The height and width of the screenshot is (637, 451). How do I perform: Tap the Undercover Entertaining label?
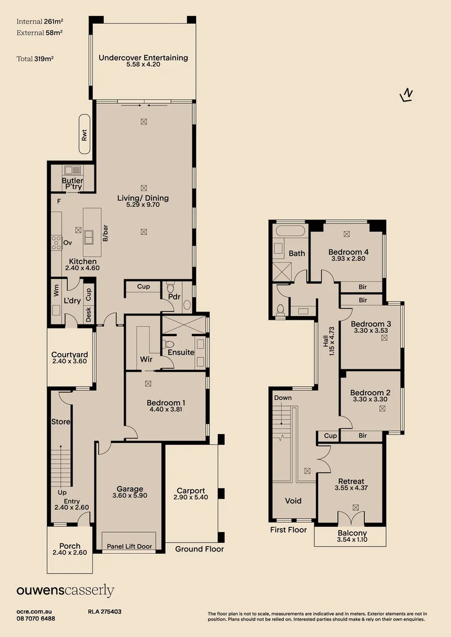coord(143,58)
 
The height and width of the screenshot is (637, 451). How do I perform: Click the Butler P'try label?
coord(73,183)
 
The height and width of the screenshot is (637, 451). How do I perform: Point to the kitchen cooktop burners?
coord(57,242)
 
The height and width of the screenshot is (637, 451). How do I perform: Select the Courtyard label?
coord(70,354)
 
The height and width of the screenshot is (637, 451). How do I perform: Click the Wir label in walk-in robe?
coord(146,359)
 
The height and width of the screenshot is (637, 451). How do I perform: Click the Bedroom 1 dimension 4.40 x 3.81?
coord(167,409)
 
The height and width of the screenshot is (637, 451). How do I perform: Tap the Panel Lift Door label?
coord(129,546)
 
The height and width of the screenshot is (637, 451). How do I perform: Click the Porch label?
coord(70,546)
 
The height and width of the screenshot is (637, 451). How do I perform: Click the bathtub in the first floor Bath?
coord(289,231)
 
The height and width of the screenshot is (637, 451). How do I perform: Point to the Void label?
coord(293,501)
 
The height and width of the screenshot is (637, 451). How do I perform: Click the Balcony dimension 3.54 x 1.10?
coord(351,540)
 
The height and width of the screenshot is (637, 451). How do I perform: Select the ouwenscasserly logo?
coord(66,590)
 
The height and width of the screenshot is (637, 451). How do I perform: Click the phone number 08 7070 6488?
coord(36,618)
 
